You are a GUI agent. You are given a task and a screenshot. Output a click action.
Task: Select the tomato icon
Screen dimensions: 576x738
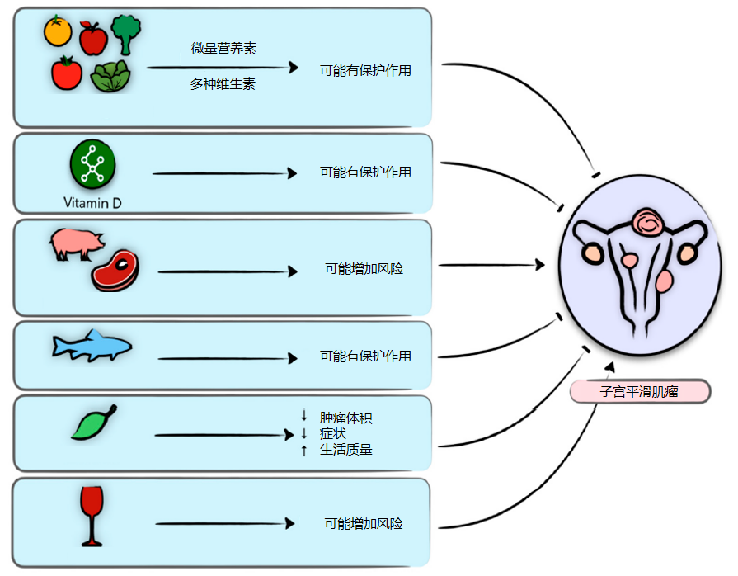coord(67,73)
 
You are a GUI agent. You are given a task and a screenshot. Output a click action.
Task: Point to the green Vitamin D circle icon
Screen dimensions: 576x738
coord(92,162)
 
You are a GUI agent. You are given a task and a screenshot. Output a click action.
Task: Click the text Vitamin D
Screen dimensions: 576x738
coord(92,201)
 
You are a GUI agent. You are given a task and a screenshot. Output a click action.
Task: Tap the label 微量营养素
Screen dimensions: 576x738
coord(223,49)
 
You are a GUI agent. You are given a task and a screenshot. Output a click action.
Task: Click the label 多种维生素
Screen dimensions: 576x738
coord(223,83)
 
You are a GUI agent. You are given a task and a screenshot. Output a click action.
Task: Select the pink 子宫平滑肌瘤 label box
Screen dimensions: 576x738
coord(639,391)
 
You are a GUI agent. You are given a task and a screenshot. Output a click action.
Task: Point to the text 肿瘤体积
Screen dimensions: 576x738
coord(346,418)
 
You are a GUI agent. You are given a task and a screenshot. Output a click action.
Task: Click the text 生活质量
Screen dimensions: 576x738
coord(346,450)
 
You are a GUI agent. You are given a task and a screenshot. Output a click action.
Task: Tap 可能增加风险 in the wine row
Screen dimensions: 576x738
coord(364,523)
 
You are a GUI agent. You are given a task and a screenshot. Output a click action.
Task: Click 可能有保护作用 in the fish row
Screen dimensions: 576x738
coord(365,356)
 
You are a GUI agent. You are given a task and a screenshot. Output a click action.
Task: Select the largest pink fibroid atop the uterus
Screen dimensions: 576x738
coord(649,223)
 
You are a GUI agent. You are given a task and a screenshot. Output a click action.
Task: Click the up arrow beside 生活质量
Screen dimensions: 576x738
coord(304,450)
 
